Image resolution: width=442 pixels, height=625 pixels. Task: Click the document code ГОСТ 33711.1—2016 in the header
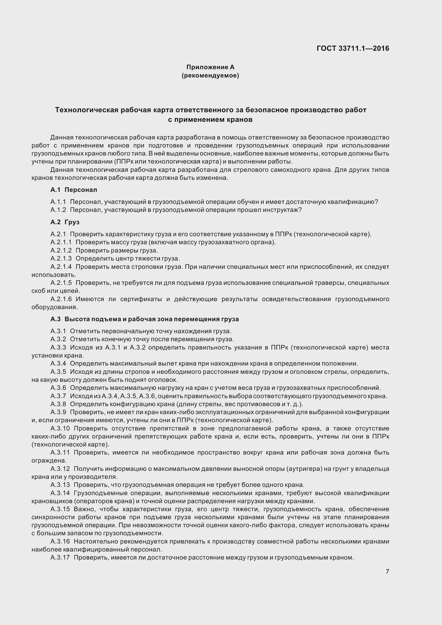click(x=353, y=48)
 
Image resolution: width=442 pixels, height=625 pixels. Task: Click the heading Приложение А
click(x=210, y=67)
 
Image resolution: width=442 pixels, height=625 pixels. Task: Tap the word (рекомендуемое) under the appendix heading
click(x=210, y=75)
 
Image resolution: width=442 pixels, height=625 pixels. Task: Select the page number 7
click(x=387, y=571)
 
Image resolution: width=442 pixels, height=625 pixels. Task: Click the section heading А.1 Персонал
click(x=74, y=190)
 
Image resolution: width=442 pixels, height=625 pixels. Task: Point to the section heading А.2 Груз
click(x=65, y=222)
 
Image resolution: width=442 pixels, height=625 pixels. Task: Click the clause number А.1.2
click(x=58, y=210)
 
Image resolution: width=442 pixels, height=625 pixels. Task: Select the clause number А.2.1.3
click(x=61, y=258)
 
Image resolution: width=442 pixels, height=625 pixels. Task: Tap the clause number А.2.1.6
click(x=61, y=299)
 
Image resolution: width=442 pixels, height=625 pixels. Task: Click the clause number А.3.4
click(x=58, y=364)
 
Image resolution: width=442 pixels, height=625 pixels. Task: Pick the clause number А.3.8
click(x=58, y=404)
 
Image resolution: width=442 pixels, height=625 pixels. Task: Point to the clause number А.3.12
click(x=60, y=469)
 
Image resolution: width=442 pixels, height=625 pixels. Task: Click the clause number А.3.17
click(x=60, y=557)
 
